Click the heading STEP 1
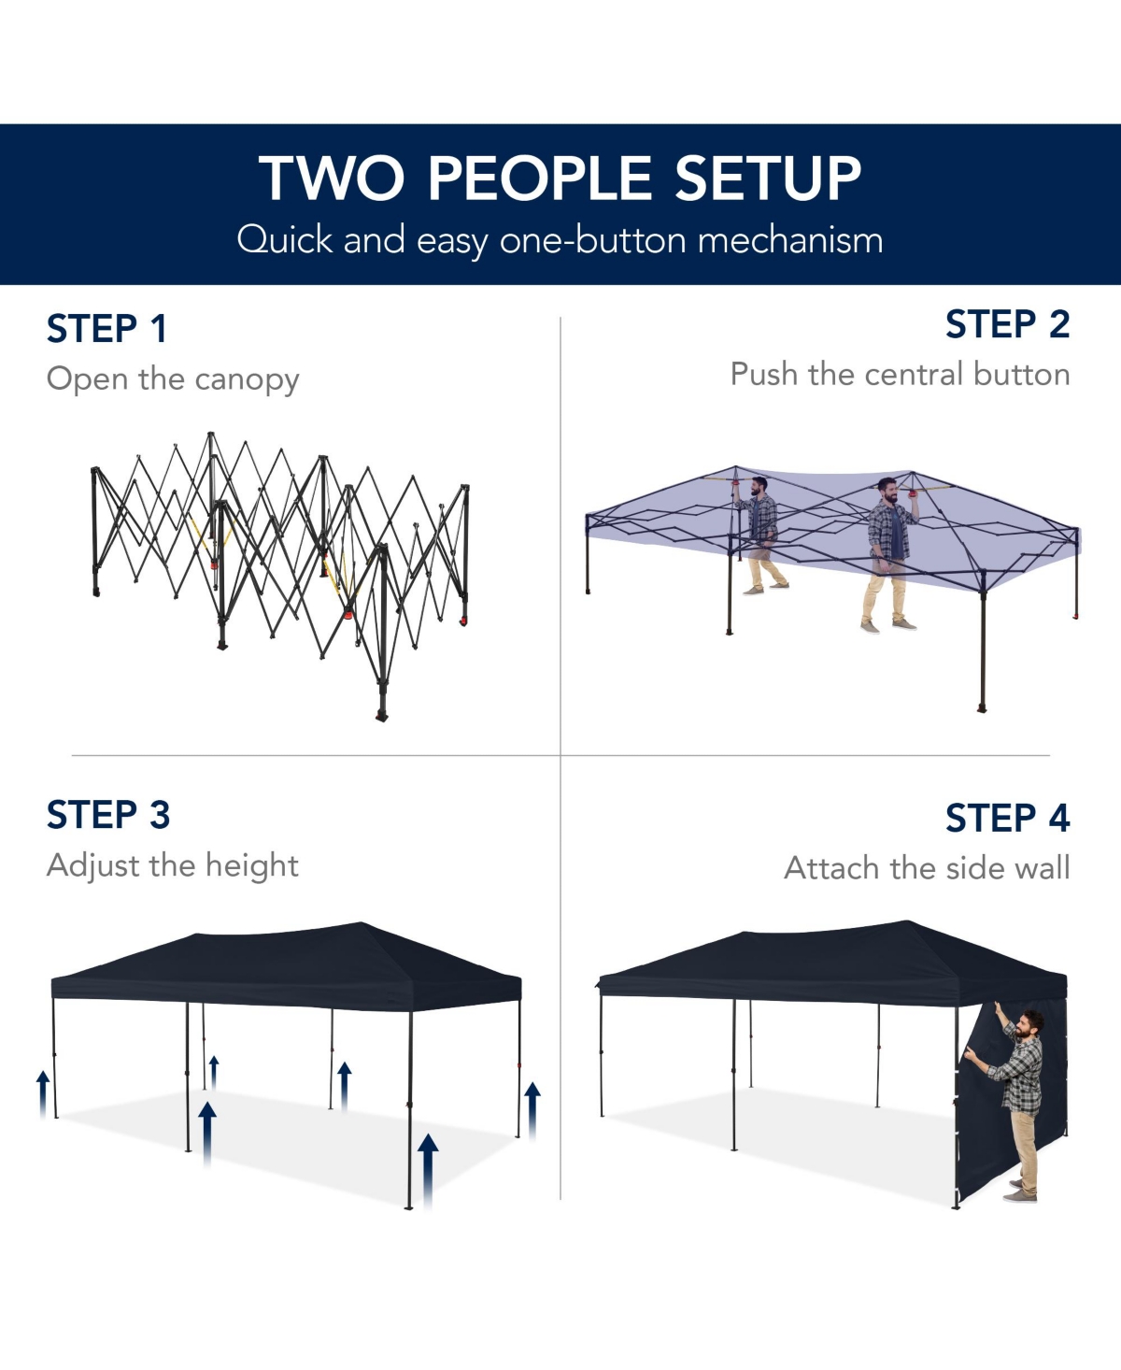point(107,329)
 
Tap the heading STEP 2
point(1007,324)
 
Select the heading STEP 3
point(107,815)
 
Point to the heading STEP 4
point(1007,818)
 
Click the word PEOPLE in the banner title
point(540,178)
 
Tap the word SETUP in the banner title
point(768,178)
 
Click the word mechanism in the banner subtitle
point(790,240)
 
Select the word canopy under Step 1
point(247,380)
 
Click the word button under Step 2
point(1022,374)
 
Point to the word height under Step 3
point(252,866)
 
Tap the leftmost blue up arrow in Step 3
point(43,1094)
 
